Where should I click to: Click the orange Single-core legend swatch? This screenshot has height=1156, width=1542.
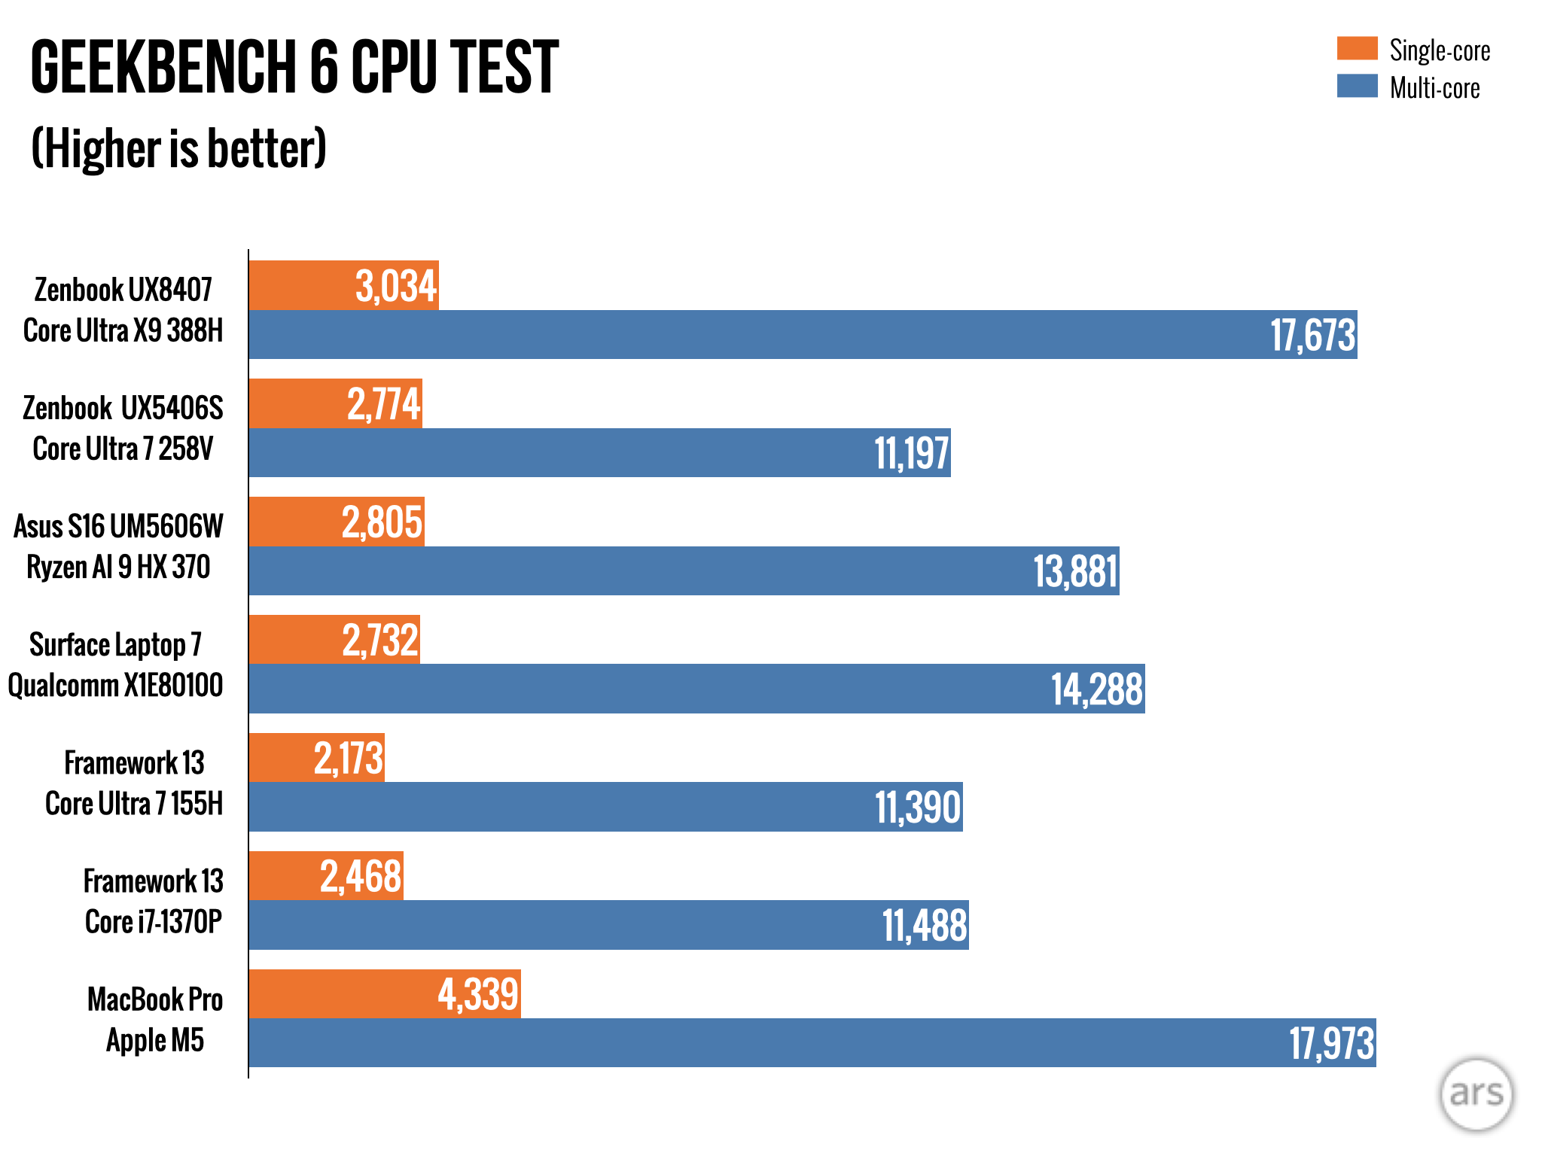click(1357, 48)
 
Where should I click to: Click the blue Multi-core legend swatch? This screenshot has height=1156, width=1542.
click(1357, 86)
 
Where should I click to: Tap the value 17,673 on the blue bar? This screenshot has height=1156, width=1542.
click(1312, 335)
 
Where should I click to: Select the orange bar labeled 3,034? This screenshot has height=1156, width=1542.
click(343, 286)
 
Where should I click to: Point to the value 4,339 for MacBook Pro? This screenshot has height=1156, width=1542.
click(478, 994)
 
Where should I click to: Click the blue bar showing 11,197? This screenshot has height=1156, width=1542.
click(599, 452)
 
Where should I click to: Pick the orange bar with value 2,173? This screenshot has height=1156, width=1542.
click(316, 758)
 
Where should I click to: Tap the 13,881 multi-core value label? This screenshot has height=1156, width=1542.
click(1074, 571)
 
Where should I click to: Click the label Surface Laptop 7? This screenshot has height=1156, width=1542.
click(115, 645)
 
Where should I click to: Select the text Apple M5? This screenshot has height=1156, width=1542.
click(155, 1040)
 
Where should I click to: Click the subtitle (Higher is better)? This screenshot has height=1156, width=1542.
click(179, 148)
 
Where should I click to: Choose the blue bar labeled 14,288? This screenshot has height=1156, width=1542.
click(696, 689)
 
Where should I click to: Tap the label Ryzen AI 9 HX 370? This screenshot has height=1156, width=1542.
click(118, 567)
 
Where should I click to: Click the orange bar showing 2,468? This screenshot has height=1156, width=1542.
click(325, 876)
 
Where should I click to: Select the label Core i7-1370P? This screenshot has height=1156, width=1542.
click(154, 922)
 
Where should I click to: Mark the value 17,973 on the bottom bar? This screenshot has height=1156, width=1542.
click(1331, 1043)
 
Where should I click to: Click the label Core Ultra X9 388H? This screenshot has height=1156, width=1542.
click(123, 330)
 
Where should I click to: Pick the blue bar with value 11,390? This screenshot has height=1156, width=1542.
click(605, 807)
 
